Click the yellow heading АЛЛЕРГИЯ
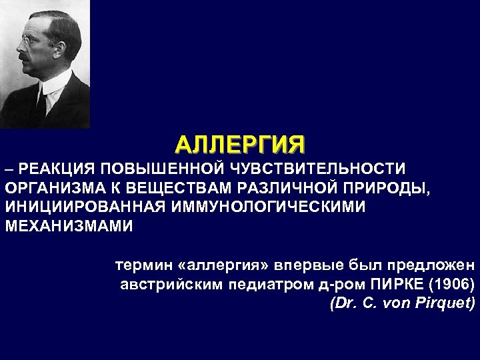[x=239, y=144]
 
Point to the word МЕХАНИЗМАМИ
[x=69, y=225]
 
